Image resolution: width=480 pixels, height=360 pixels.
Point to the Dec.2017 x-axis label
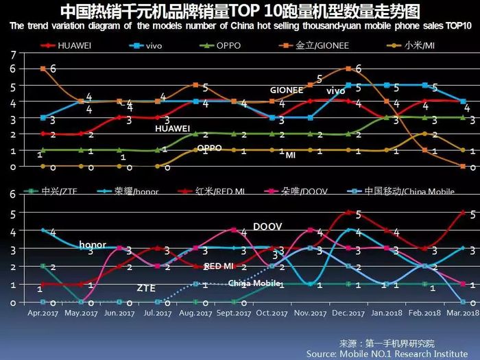coord(349,311)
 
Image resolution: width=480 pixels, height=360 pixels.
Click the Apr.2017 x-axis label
coord(43,311)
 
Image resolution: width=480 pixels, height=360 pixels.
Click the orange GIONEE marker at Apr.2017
coord(43,69)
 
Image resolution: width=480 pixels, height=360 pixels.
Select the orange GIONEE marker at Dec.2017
coord(349,69)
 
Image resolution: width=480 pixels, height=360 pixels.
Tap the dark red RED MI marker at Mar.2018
coord(463,213)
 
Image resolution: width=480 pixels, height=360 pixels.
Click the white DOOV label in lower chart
coord(267,226)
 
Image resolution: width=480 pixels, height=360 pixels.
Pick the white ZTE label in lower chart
coord(145,289)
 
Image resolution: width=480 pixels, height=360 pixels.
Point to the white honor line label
coord(93,245)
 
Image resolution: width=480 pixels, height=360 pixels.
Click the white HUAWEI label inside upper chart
coord(172,128)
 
